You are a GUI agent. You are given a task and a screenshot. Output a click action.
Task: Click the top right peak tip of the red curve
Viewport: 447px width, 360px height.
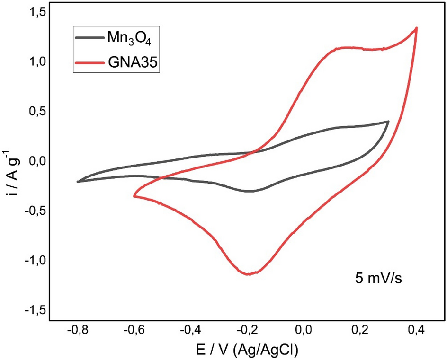(x=416, y=28)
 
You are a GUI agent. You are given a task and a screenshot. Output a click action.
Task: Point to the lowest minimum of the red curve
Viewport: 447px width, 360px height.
(x=248, y=274)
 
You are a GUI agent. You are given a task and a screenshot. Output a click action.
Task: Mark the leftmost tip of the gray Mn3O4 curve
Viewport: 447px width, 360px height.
(x=78, y=182)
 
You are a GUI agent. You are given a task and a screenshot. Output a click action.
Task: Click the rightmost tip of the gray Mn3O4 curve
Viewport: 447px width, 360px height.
(x=388, y=122)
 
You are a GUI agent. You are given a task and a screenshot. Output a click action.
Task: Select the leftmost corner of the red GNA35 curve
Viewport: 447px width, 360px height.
(x=134, y=196)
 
